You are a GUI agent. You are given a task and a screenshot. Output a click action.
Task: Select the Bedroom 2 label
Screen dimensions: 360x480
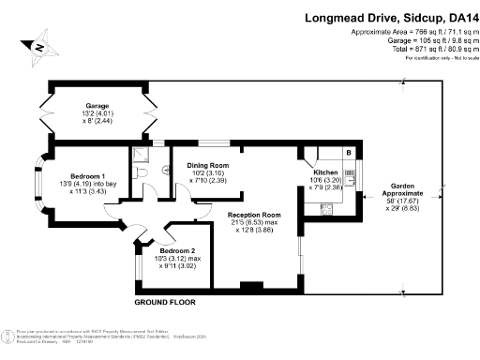(x=177, y=251)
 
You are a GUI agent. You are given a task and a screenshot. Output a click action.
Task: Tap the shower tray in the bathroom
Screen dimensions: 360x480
(x=140, y=155)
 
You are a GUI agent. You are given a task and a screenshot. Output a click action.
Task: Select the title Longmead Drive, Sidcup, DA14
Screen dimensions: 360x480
(x=388, y=17)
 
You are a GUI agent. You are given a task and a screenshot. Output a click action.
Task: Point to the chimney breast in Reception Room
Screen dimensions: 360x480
(x=250, y=286)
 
